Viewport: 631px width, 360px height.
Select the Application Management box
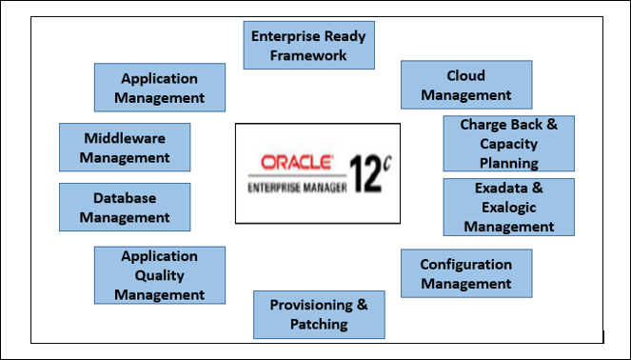tap(160, 88)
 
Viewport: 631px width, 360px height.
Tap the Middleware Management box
tap(125, 148)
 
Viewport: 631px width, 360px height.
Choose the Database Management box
tap(125, 208)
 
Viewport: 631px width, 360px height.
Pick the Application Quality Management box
tap(160, 275)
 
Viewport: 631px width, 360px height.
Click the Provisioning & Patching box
tap(319, 314)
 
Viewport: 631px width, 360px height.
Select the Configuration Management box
tap(465, 274)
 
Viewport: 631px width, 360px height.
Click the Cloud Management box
tap(465, 86)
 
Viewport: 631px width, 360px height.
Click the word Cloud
tap(465, 76)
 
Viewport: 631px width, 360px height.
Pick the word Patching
tap(319, 325)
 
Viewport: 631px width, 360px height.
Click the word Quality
tap(160, 275)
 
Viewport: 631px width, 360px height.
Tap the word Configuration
tap(465, 264)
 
